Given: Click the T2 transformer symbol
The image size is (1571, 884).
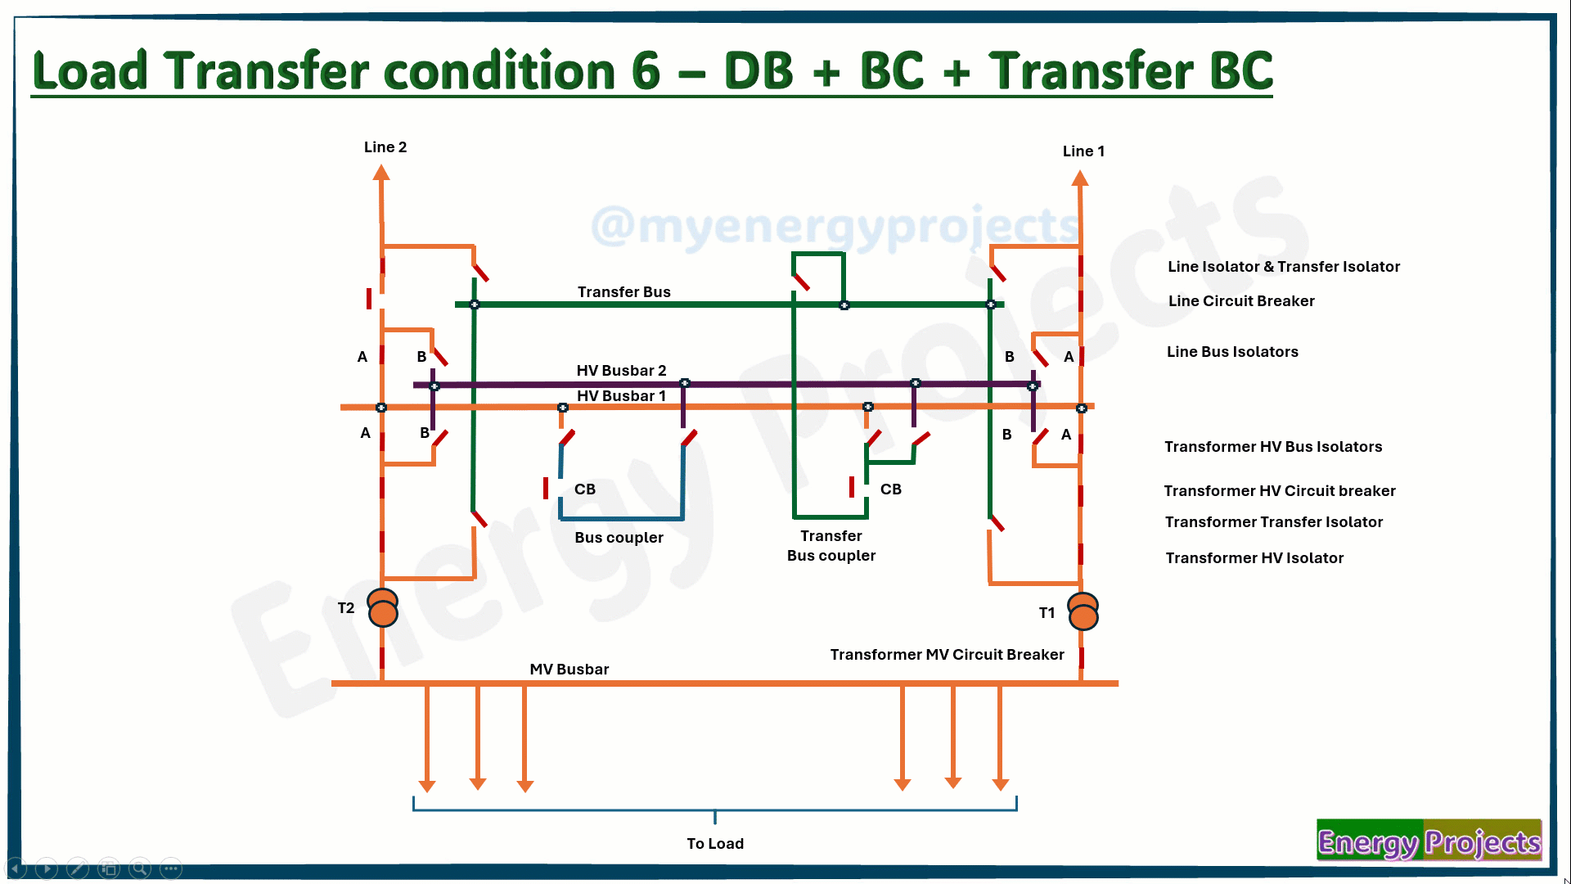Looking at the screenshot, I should click(x=383, y=608).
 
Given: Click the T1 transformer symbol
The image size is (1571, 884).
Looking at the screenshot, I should click(x=1083, y=611).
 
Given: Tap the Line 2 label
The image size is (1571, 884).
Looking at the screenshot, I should click(x=385, y=147).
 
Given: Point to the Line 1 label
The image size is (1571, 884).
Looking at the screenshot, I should click(x=1083, y=151).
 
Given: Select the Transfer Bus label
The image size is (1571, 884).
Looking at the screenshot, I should click(x=623, y=292).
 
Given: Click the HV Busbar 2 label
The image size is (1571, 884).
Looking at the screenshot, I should click(x=621, y=371).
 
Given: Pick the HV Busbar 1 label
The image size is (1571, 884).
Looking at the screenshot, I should click(x=621, y=396).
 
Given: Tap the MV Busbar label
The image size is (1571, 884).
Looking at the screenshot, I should click(x=569, y=670).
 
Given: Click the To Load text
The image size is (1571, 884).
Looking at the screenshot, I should click(x=715, y=844).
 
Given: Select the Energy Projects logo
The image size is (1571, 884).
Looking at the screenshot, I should click(x=1429, y=841).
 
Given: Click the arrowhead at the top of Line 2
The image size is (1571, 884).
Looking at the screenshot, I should click(x=381, y=173).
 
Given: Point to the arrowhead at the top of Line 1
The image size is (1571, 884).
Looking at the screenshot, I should click(x=1081, y=178).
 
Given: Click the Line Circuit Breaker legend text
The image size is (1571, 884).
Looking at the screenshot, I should click(x=1241, y=301).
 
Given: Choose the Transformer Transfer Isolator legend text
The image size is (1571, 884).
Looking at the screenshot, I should click(x=1274, y=522).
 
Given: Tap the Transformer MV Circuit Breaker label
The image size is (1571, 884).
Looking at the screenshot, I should click(x=947, y=655).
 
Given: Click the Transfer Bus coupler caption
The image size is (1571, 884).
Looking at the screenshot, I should click(x=831, y=546).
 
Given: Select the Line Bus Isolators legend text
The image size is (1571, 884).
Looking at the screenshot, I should click(x=1232, y=352).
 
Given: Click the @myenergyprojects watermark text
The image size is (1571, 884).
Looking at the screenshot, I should click(x=835, y=226).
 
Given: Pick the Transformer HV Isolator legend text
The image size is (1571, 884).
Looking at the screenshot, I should click(x=1254, y=558).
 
